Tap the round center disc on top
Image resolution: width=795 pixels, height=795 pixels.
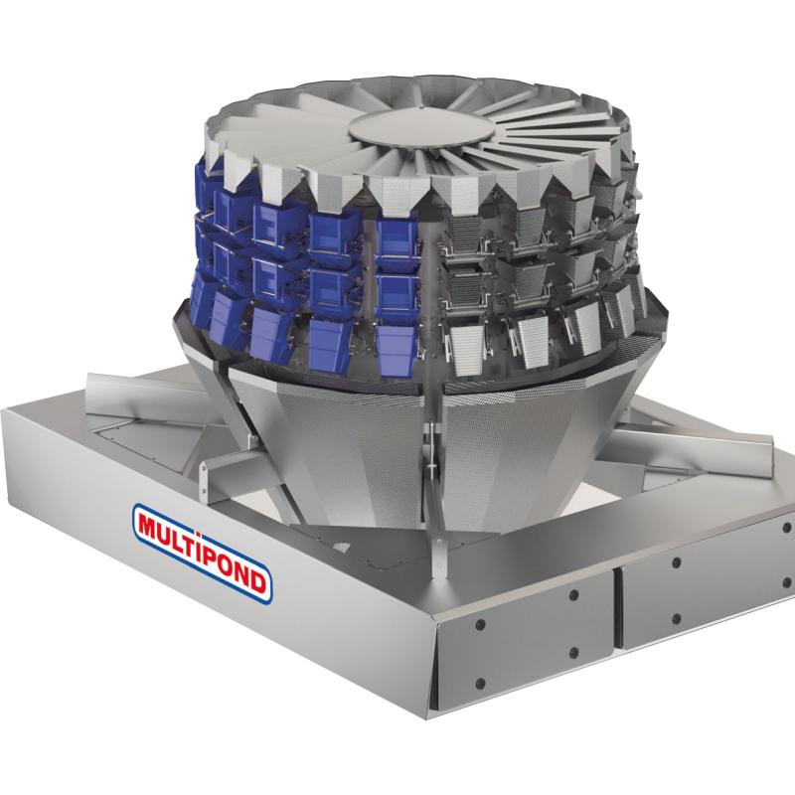click(421, 128)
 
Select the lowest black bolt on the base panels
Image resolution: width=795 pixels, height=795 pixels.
click(481, 684)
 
